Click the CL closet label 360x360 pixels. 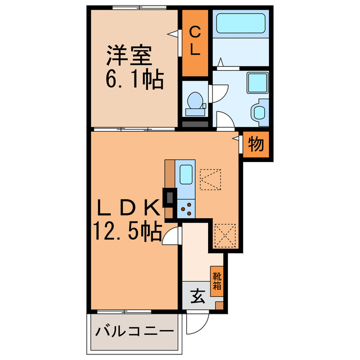195,42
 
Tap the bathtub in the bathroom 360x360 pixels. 242,24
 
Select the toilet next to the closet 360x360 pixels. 195,101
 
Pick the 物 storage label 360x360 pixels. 256,145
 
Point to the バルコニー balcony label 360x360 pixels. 134,330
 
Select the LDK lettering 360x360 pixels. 127,209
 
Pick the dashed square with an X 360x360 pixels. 226,235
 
